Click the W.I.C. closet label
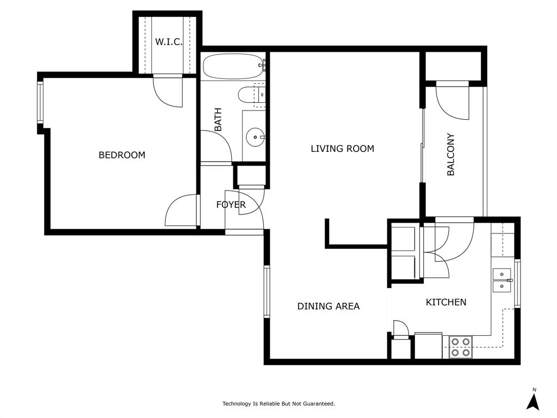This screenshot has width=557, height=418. coord(168,42)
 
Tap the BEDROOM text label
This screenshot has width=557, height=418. coord(122,155)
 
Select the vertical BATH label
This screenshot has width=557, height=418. coord(218,120)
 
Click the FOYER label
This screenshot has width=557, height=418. coord(231,205)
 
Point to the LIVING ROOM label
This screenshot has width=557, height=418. coord(342,149)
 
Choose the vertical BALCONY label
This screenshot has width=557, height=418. coord(450,155)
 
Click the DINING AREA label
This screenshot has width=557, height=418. coord(328,306)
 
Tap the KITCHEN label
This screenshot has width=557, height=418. coord(445,302)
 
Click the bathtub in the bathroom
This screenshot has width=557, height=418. coord(233,66)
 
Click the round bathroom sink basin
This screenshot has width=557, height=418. coord(255,137)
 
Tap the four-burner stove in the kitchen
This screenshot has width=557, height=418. coord(460,347)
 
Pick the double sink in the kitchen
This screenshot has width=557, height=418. coord(502,280)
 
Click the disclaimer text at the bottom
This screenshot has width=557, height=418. coord(278,404)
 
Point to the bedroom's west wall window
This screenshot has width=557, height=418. coord(40,102)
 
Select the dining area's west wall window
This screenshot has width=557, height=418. coord(267,291)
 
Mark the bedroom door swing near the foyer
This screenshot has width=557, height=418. coord(182,211)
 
